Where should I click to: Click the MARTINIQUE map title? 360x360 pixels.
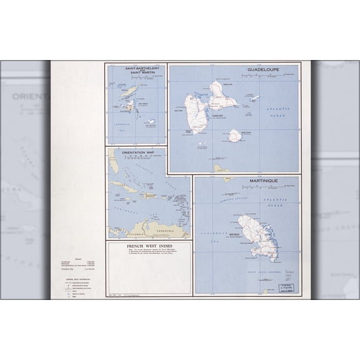tap(262, 181)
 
